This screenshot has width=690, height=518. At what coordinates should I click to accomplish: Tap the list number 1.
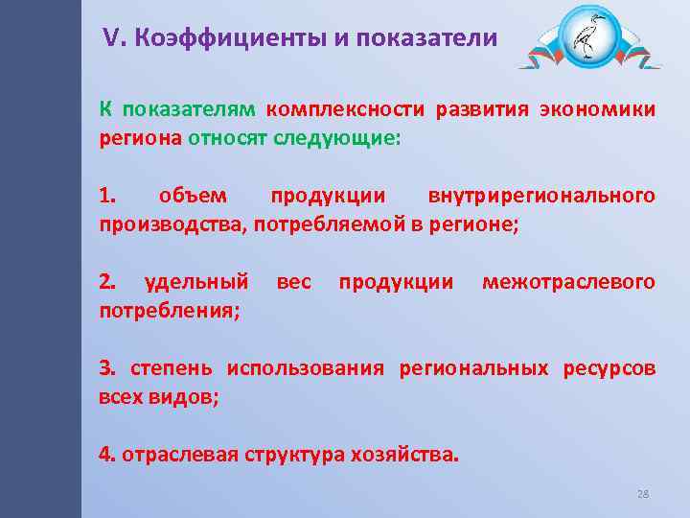click(x=106, y=196)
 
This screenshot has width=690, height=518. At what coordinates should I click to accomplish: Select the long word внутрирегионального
click(x=541, y=196)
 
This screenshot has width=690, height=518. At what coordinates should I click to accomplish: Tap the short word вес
click(x=293, y=282)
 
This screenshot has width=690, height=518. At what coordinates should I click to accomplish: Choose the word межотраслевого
click(x=568, y=282)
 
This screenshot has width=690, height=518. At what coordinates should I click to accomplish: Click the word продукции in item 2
click(x=396, y=282)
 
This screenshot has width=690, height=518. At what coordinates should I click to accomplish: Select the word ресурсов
click(x=609, y=368)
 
